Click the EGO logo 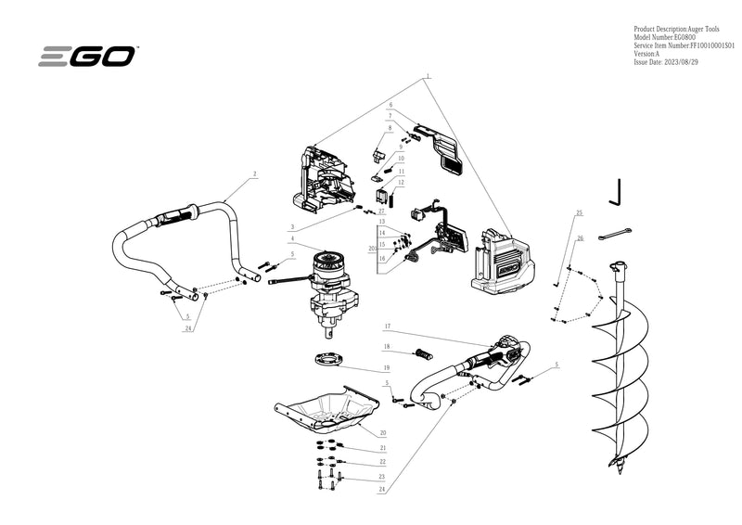tap(87, 57)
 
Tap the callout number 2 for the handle tap(254, 173)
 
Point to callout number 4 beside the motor tap(291, 239)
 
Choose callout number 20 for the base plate tap(382, 432)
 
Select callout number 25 tap(580, 213)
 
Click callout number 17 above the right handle tap(387, 326)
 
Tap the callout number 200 tap(373, 249)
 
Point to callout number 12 tap(402, 183)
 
